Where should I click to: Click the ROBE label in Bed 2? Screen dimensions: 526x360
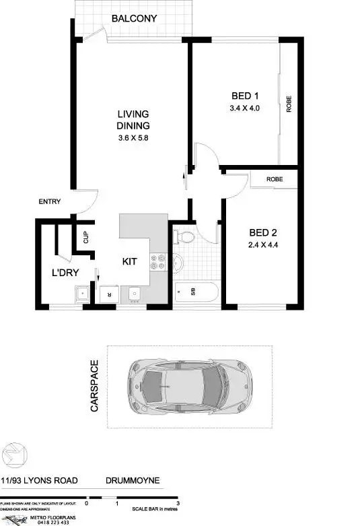click(x=274, y=180)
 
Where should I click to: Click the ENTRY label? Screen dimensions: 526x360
click(x=50, y=202)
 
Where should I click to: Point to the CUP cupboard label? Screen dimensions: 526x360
click(x=86, y=237)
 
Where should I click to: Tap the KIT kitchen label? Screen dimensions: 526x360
click(x=131, y=261)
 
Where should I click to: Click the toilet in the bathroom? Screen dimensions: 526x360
click(x=182, y=237)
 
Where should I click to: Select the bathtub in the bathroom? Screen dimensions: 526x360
click(x=195, y=292)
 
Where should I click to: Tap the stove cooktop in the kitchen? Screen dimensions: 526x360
click(x=159, y=261)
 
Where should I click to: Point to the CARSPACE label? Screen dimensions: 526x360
click(x=95, y=387)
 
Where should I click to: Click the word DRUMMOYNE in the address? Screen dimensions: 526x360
click(x=133, y=481)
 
